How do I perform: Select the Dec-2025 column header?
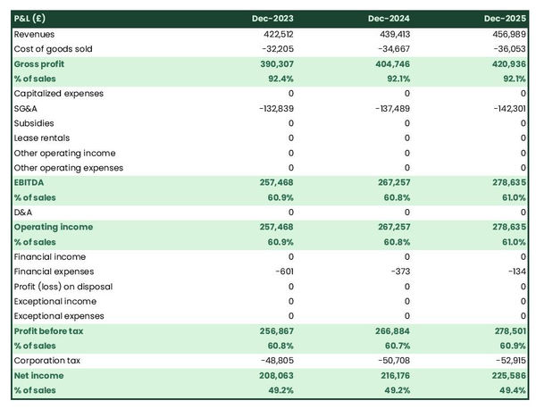point(506,18)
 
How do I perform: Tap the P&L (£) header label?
point(31,18)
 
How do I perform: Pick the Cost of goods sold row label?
point(53,49)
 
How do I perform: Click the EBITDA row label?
point(29,182)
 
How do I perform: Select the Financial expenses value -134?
point(515,271)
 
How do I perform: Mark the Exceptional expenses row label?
point(58,316)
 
